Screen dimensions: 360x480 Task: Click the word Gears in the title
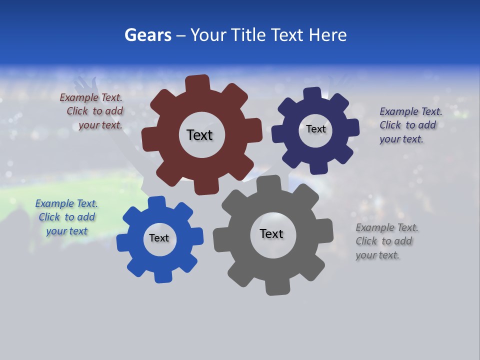tap(147, 35)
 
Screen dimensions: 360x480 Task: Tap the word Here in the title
tap(327, 35)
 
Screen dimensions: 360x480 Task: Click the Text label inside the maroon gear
tap(199, 135)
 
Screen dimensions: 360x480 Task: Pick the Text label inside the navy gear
tap(315, 129)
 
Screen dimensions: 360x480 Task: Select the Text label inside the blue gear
tap(159, 238)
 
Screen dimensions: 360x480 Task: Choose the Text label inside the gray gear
tap(271, 233)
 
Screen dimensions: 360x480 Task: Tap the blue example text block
tap(66, 217)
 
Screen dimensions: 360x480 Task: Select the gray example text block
tap(386, 241)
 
